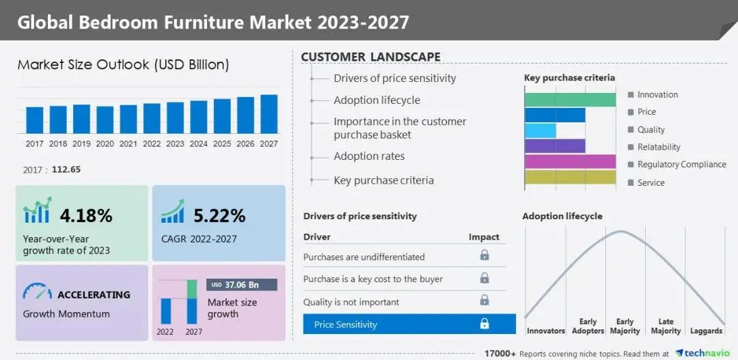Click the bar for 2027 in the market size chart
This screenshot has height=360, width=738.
point(269,114)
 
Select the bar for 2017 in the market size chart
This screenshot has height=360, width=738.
point(35,120)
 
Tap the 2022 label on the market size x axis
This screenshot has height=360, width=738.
point(152,144)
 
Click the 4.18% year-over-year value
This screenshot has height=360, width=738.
point(86,216)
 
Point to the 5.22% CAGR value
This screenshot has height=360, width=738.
point(219,216)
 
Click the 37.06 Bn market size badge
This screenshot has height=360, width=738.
point(242,285)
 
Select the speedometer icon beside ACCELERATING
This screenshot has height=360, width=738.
point(37,292)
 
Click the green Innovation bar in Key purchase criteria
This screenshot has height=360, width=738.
point(570,100)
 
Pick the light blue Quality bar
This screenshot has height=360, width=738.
point(540,130)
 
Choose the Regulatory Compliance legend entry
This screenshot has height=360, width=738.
point(681,165)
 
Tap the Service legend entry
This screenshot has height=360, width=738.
point(651,182)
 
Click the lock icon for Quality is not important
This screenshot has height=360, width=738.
point(484,301)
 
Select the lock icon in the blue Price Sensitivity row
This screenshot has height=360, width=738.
point(484,324)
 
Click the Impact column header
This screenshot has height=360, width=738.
point(484,237)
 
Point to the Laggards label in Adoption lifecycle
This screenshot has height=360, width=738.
point(706,331)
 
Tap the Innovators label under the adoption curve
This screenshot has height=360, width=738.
point(545,331)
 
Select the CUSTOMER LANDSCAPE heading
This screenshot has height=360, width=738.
point(370,57)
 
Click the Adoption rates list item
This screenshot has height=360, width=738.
point(369,156)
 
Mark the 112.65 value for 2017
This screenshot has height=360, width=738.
point(66,169)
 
